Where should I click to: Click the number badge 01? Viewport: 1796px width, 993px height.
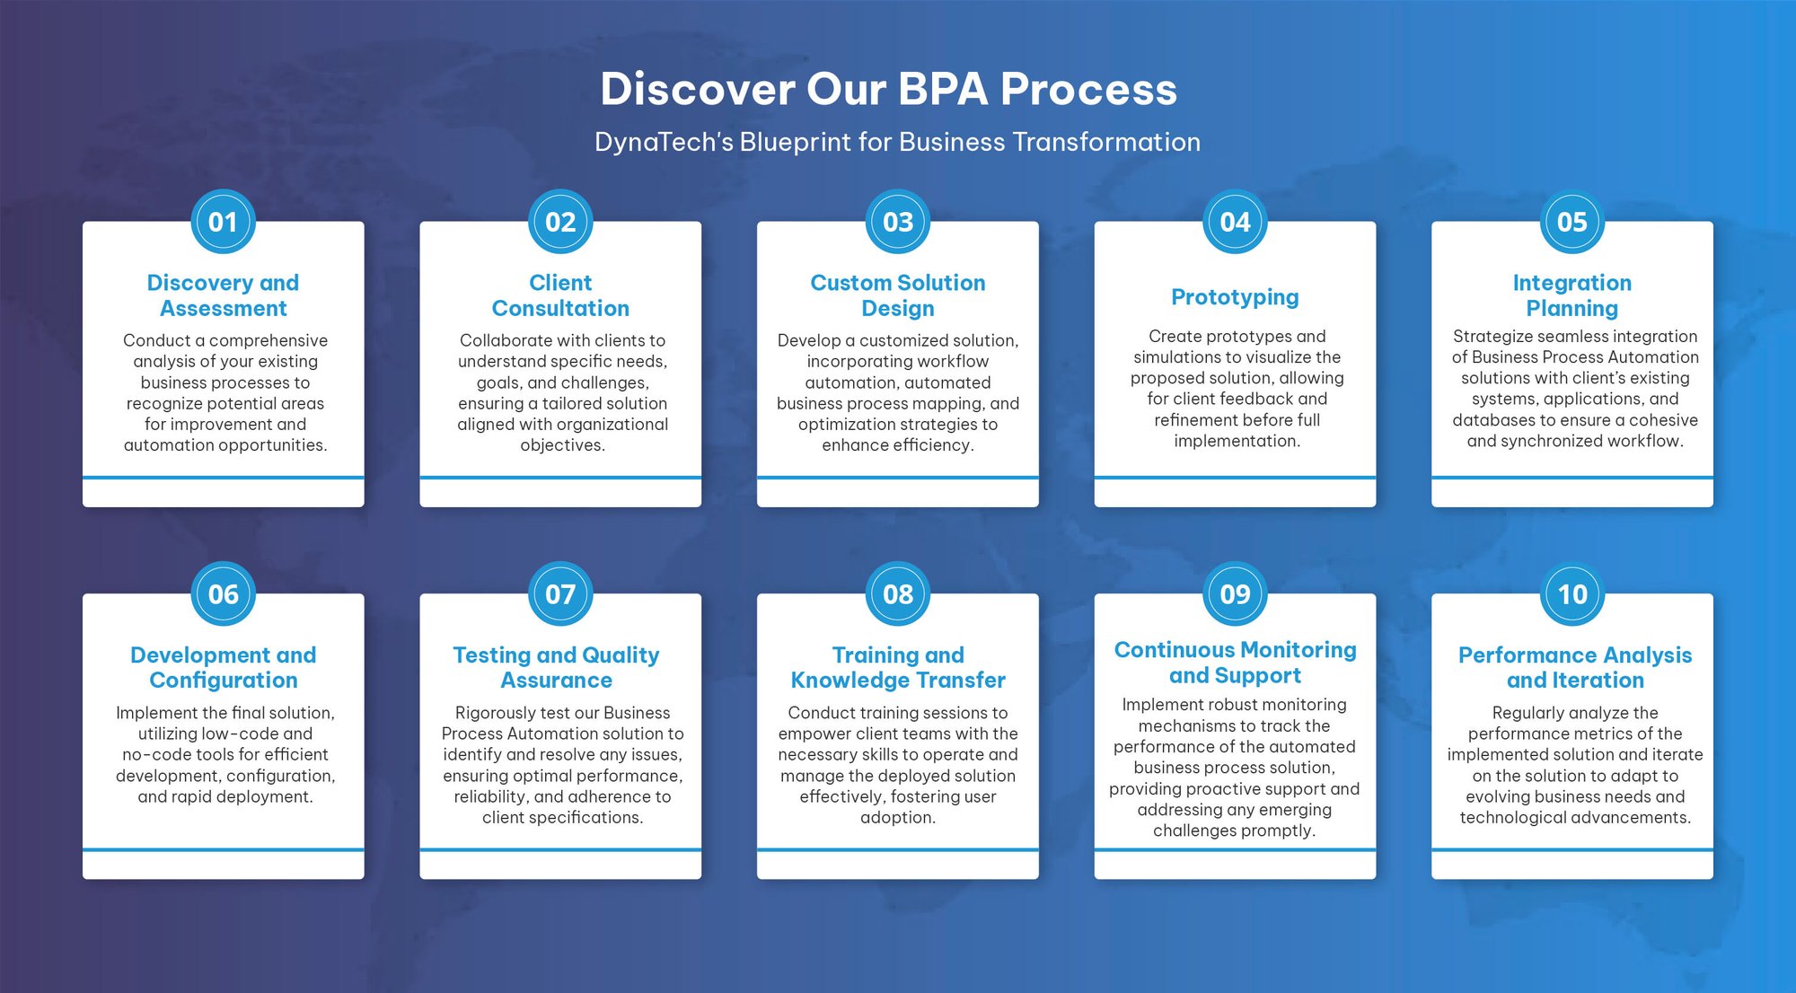[223, 222]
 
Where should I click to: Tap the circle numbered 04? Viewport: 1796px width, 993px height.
[1235, 222]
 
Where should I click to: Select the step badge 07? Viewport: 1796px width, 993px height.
[560, 593]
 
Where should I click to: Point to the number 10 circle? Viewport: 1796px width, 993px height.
[1572, 593]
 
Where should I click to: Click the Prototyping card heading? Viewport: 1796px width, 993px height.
[1235, 297]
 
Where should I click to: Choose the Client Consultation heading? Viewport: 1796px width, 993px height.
[560, 295]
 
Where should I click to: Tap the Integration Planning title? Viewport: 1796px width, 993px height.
[1572, 295]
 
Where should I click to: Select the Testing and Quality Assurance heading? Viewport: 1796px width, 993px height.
[556, 667]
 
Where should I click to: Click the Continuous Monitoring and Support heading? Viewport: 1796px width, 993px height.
[1235, 663]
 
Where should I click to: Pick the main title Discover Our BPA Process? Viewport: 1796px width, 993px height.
[888, 89]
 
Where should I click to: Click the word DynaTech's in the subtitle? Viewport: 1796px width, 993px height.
[664, 142]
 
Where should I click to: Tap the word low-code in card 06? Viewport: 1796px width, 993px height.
[242, 734]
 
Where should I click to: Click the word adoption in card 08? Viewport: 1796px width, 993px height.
[898, 818]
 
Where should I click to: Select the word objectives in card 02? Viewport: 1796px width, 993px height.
[562, 445]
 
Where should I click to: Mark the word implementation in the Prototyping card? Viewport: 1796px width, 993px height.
[1237, 441]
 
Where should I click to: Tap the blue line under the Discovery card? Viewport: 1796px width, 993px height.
[223, 478]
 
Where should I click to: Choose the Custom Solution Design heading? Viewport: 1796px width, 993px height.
[898, 295]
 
